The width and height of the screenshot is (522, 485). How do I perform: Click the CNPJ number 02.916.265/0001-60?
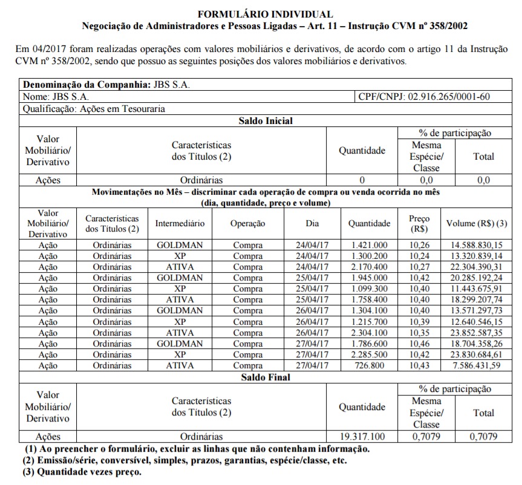click(449, 97)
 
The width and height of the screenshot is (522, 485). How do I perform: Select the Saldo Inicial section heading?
click(266, 121)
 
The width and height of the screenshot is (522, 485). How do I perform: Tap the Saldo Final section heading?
click(266, 377)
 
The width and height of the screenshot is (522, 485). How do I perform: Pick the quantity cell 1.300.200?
click(370, 256)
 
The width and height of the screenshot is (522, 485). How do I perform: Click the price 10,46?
click(419, 343)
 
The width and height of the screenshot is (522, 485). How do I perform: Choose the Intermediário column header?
click(180, 224)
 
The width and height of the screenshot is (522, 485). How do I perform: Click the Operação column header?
click(247, 224)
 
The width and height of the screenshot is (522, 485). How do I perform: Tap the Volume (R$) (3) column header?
click(476, 224)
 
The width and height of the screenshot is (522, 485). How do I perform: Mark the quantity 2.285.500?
click(370, 354)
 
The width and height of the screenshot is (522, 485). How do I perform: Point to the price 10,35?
click(419, 333)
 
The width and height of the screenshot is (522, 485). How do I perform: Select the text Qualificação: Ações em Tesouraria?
click(94, 109)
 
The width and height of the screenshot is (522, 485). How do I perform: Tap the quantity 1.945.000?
click(370, 278)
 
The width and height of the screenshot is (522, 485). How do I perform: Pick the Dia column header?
click(312, 224)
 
